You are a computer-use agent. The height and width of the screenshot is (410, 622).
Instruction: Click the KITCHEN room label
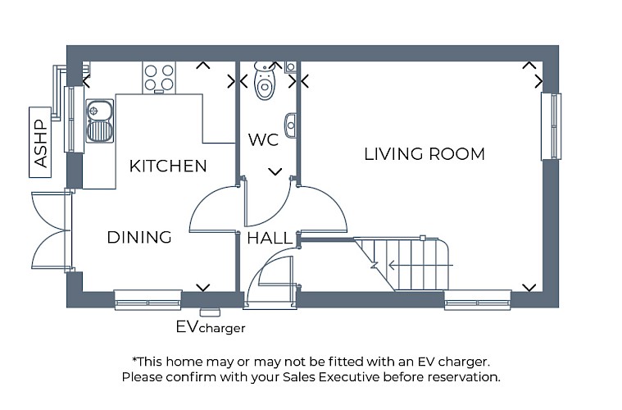pyautogui.click(x=168, y=166)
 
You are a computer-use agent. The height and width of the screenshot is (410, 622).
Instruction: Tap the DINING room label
pyautogui.click(x=139, y=238)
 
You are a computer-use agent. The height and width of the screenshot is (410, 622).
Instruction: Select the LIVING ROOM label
pyautogui.click(x=425, y=154)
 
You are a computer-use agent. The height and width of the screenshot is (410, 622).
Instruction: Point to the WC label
pyautogui.click(x=263, y=140)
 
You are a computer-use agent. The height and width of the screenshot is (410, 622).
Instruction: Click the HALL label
pyautogui.click(x=269, y=239)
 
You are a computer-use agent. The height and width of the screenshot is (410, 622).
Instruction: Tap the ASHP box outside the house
pyautogui.click(x=39, y=141)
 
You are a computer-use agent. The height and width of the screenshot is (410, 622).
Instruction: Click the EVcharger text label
pyautogui.click(x=210, y=327)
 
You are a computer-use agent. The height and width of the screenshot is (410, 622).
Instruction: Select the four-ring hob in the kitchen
pyautogui.click(x=159, y=76)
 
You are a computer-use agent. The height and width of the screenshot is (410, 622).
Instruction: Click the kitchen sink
pyautogui.click(x=99, y=120)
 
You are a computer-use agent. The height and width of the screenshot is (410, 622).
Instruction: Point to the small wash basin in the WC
pyautogui.click(x=290, y=125)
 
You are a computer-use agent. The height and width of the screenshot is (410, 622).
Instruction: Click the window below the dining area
pyautogui.click(x=148, y=300)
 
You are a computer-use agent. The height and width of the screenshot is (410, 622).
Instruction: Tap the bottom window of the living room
pyautogui.click(x=478, y=300)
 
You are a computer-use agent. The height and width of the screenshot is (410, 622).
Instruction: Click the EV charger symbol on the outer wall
pyautogui.click(x=211, y=311)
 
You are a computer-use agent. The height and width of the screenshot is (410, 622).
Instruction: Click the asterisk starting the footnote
pyautogui.click(x=134, y=360)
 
